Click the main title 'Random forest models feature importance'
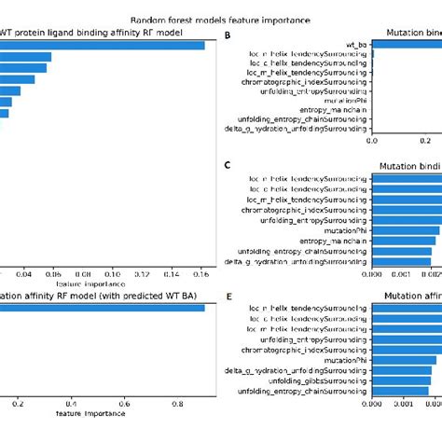(x=220, y=20)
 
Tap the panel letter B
(x=228, y=35)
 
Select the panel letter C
(x=228, y=164)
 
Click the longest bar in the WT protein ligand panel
(x=103, y=44)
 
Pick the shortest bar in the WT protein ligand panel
(x=5, y=113)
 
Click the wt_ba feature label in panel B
(x=356, y=44)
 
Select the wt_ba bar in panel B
(x=407, y=44)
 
